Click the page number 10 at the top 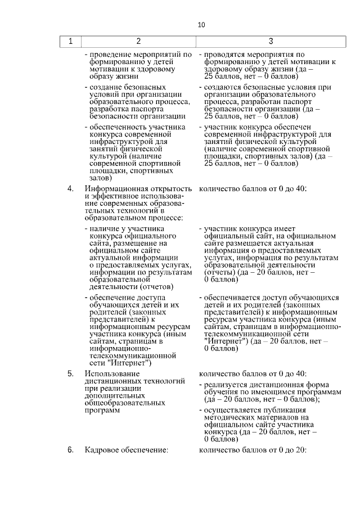coord(202,25)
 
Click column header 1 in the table coord(70,41)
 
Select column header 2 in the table coord(138,41)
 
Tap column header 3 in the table coord(271,41)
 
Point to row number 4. coord(70,188)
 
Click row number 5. coord(70,373)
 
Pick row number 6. coord(70,450)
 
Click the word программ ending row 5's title coord(102,411)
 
